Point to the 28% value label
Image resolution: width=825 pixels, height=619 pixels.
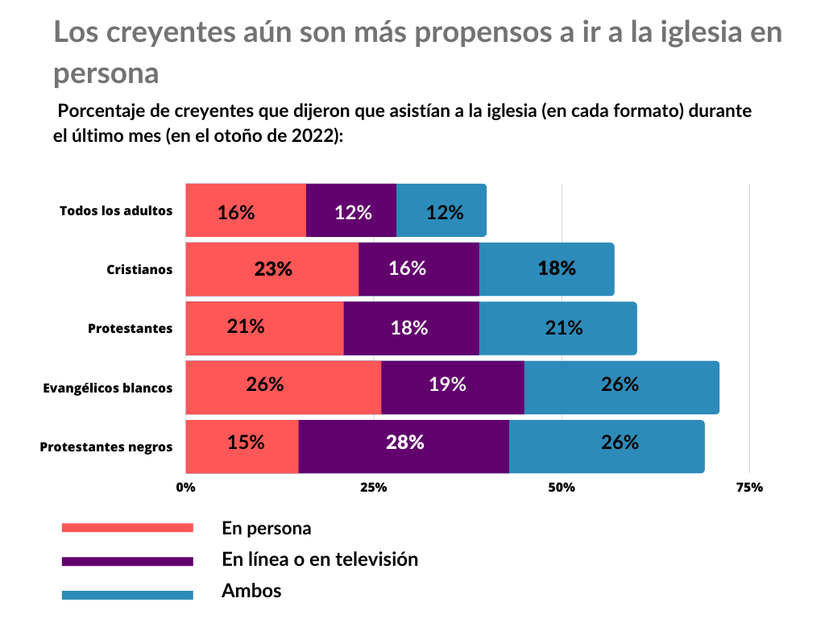coord(405,442)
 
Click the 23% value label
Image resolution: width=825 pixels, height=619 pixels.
coord(273,269)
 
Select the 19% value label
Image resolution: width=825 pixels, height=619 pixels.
coord(447,384)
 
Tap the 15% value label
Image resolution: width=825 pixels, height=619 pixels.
coord(246,442)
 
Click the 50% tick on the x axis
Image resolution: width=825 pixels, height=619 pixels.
coord(562,487)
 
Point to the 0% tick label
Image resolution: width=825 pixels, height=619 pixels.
coord(186,487)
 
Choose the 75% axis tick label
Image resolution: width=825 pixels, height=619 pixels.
coord(750,487)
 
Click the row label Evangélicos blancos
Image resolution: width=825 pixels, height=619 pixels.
coord(108,388)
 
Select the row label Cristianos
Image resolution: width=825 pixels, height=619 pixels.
coord(139,269)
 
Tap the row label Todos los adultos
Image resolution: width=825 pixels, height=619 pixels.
coord(116,210)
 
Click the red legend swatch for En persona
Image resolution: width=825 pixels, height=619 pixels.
coord(127,528)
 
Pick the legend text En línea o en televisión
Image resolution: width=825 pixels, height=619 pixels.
coord(320,559)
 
